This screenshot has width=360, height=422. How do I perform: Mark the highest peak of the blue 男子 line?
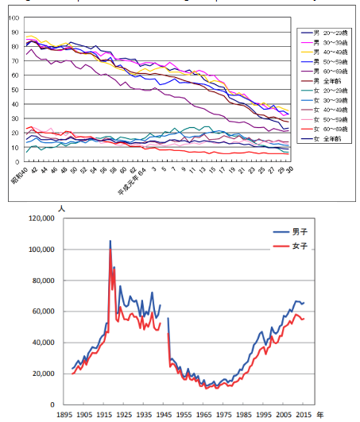[x=110, y=241]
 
